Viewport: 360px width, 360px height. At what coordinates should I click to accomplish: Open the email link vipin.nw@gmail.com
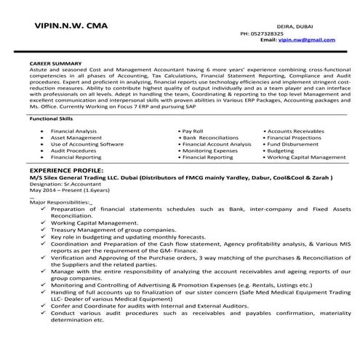click(x=300, y=41)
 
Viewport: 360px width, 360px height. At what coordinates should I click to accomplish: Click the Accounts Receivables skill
click(x=297, y=130)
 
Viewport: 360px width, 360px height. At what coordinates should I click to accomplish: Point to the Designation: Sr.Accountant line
click(x=62, y=184)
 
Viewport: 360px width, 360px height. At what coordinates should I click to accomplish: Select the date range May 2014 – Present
click(x=61, y=191)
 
